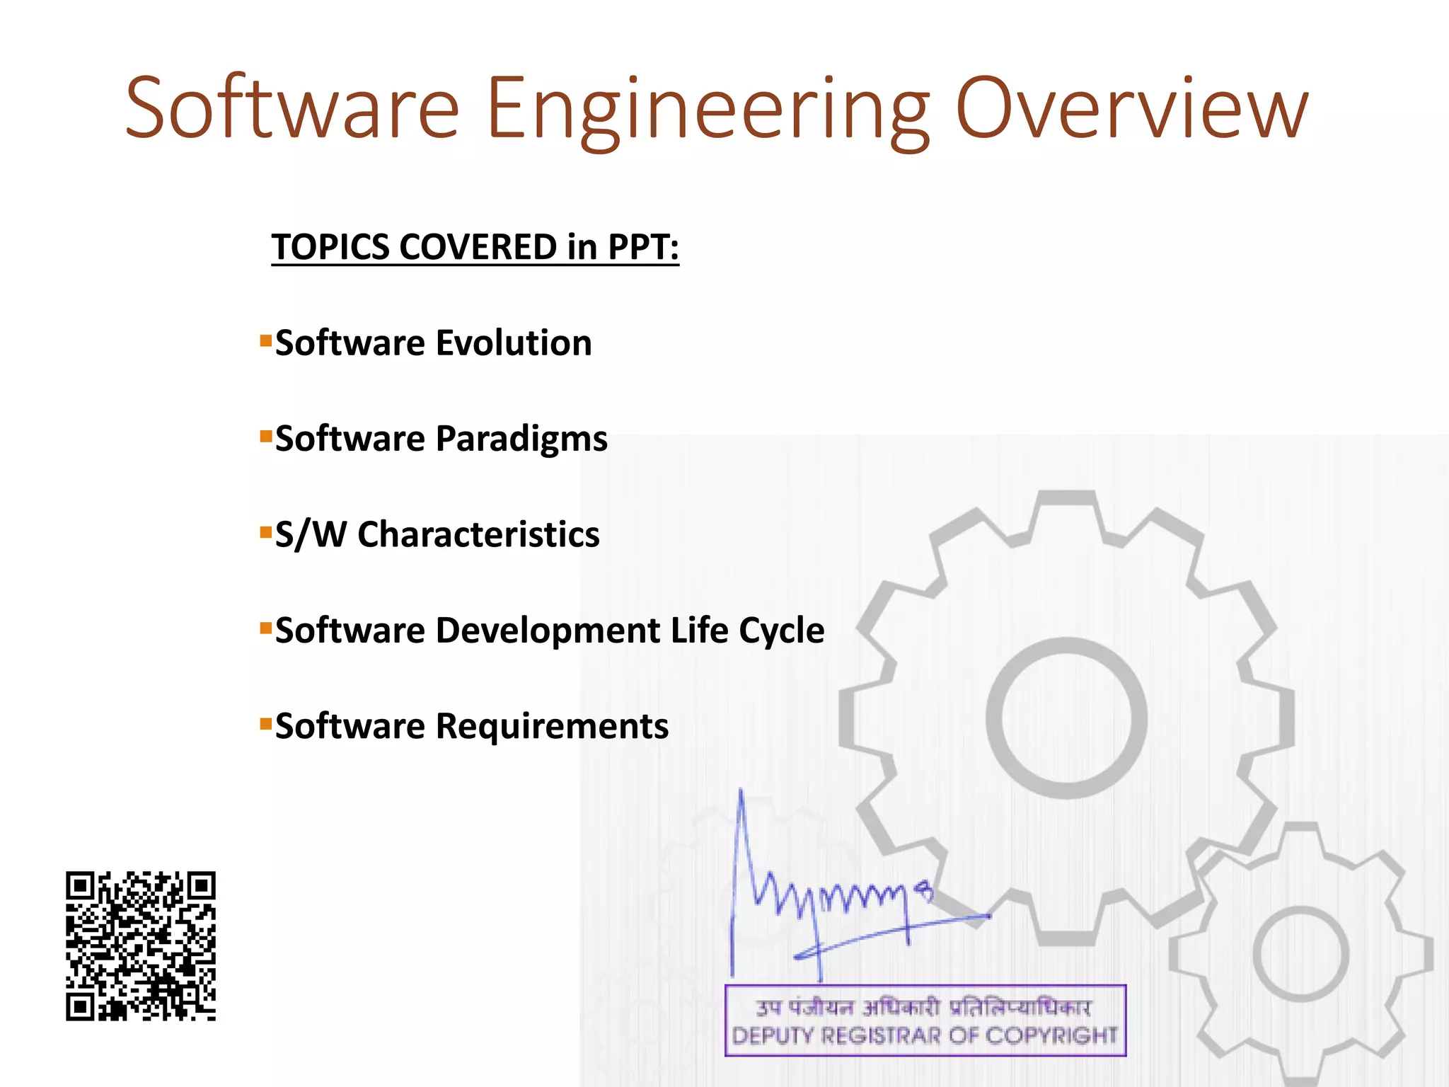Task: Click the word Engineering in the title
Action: (708, 110)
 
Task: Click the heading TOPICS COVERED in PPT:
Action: (475, 247)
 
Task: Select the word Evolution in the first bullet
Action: (514, 343)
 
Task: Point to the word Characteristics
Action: (478, 534)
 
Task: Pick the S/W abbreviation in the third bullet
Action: (310, 534)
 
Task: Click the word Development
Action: (548, 630)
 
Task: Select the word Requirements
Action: (552, 726)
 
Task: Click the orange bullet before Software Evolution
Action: (266, 341)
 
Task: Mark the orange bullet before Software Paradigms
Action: (266, 437)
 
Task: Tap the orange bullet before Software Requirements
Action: (266, 724)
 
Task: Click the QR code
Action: (141, 945)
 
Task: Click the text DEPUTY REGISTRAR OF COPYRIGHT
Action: (924, 1036)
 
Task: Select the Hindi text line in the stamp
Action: (924, 1006)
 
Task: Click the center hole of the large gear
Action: (1066, 718)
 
